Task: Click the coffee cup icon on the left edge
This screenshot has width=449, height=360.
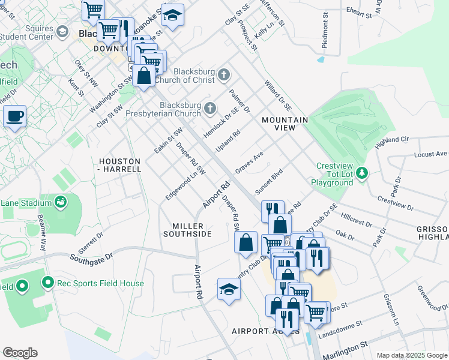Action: pyautogui.click(x=14, y=115)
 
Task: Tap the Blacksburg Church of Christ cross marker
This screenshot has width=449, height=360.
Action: pyautogui.click(x=224, y=75)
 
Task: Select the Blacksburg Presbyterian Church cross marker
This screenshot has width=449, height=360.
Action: pyautogui.click(x=209, y=109)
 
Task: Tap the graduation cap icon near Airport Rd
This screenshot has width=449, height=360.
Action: pyautogui.click(x=229, y=290)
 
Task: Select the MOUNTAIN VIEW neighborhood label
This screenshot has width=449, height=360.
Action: pyautogui.click(x=285, y=124)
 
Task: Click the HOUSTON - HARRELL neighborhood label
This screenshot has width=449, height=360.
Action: pyautogui.click(x=119, y=165)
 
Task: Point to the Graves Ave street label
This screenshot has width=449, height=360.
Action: pyautogui.click(x=249, y=163)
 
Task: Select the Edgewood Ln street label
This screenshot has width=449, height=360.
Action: pyautogui.click(x=182, y=187)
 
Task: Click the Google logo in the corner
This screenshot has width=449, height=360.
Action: pyautogui.click(x=20, y=353)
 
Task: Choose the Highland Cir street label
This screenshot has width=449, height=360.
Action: pyautogui.click(x=391, y=142)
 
